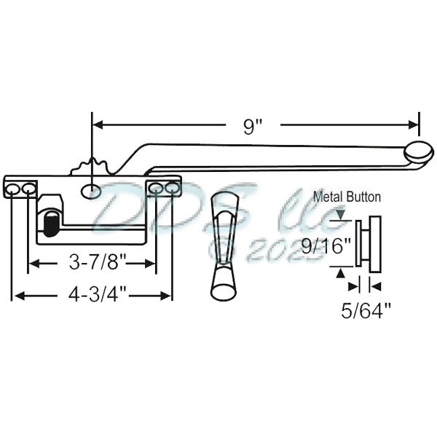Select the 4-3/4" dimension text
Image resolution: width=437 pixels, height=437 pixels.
(x=93, y=294)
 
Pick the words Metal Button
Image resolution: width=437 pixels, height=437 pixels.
(x=347, y=196)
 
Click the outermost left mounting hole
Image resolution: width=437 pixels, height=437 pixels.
(x=14, y=189)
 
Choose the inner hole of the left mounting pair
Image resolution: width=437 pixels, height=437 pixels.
(x=28, y=189)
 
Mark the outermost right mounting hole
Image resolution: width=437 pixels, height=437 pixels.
(x=172, y=189)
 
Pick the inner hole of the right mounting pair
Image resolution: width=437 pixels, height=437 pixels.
(x=157, y=189)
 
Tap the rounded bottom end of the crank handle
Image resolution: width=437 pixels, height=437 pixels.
(x=223, y=292)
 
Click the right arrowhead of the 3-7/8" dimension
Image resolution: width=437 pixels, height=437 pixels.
(x=152, y=261)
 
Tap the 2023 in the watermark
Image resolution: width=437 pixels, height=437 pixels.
(x=271, y=251)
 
